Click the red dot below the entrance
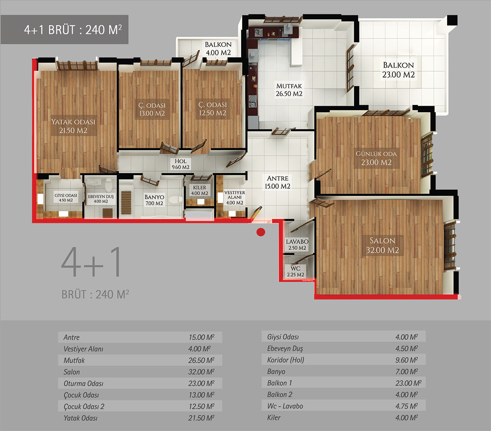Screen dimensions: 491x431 tap(260, 232)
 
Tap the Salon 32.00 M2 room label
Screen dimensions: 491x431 tap(383, 246)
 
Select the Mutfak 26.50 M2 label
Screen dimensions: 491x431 tap(289, 90)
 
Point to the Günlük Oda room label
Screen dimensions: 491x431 tap(376, 158)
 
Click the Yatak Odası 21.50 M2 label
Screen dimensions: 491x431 tap(73, 126)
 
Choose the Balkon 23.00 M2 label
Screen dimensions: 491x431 tap(398, 70)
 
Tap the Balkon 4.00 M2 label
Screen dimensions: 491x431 tap(218, 49)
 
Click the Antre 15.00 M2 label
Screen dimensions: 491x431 tap(278, 182)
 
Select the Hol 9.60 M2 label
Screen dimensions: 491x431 tap(180, 164)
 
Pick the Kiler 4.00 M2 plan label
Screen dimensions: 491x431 tap(199, 190)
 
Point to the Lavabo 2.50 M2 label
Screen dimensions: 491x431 tap(297, 245)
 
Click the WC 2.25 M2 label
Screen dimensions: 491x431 tap(295, 272)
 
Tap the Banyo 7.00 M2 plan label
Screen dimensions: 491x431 tap(155, 200)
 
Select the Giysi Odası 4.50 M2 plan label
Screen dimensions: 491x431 tap(66, 198)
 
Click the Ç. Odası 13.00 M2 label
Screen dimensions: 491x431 tap(152, 109)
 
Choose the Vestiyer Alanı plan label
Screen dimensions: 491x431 tap(234, 197)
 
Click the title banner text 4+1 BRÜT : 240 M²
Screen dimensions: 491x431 tap(73, 30)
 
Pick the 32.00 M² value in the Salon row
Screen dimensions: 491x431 tap(201, 372)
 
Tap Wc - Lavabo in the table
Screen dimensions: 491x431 tap(285, 406)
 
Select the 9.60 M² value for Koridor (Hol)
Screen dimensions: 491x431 tap(406, 360)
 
